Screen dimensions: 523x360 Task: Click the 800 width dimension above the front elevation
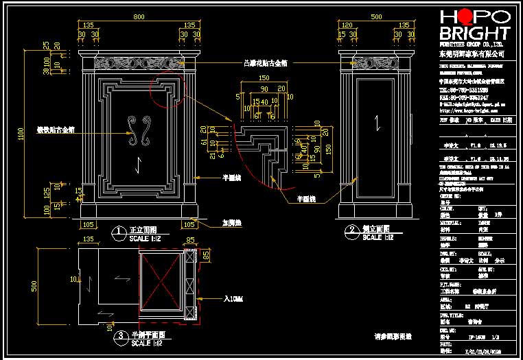139,16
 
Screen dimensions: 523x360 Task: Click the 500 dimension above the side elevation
376,16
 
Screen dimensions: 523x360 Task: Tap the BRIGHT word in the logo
474,33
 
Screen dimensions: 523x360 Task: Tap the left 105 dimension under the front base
89,224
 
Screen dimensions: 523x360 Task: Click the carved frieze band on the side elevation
376,62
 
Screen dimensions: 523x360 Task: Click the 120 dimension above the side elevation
347,25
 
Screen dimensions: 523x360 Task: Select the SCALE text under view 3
146,342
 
